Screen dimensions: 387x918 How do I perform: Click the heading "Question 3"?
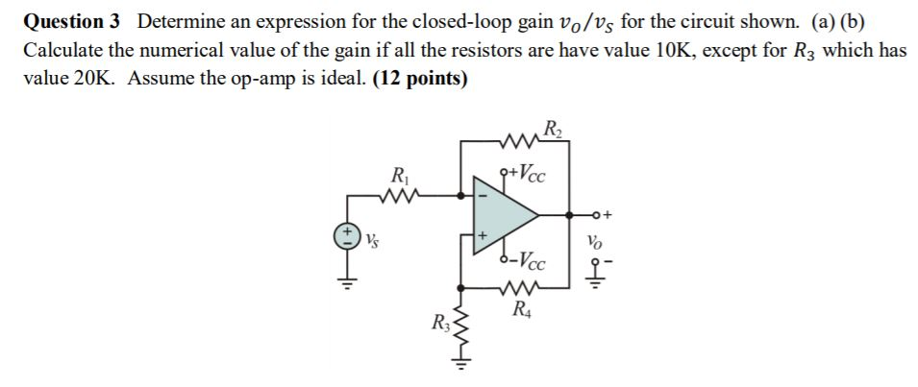(73, 21)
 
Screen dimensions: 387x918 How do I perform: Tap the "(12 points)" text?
(419, 79)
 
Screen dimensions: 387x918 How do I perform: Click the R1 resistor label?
(398, 176)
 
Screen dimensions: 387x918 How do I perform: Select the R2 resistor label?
(554, 128)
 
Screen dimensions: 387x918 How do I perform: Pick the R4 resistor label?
(521, 309)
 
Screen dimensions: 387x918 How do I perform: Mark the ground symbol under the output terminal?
(599, 281)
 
